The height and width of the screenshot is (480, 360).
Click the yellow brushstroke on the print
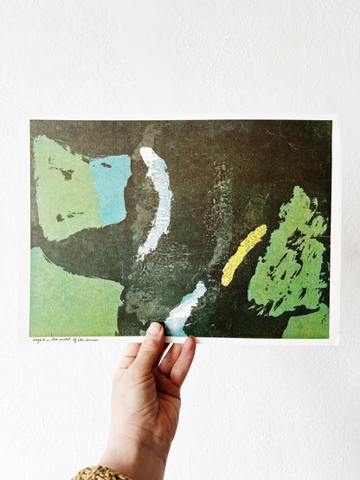coord(243,254)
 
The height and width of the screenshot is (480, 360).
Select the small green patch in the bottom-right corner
coord(309,323)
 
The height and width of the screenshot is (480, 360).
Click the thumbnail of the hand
coord(154,330)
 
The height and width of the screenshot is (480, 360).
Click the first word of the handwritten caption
coord(39,340)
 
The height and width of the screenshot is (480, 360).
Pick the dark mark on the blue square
coord(106,164)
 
